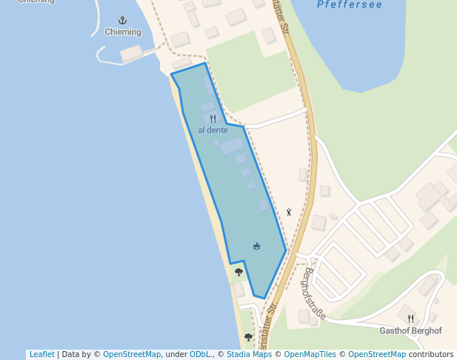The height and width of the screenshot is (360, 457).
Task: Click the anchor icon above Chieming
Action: pyautogui.click(x=123, y=21)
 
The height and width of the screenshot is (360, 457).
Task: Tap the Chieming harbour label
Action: pyautogui.click(x=123, y=32)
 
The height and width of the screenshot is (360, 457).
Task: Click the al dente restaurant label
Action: pyautogui.click(x=213, y=130)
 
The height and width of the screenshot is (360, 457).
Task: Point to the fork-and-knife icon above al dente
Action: pyautogui.click(x=213, y=119)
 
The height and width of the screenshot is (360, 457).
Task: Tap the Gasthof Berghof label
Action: pyautogui.click(x=410, y=330)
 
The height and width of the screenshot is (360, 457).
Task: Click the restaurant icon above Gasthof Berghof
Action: pyautogui.click(x=410, y=319)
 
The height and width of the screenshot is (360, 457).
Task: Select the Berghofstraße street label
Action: pyautogui.click(x=313, y=293)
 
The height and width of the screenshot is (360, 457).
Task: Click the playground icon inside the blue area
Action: pyautogui.click(x=256, y=246)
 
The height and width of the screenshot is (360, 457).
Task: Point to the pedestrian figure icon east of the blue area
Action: pyautogui.click(x=289, y=212)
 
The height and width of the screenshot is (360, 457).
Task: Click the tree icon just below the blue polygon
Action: pyautogui.click(x=238, y=273)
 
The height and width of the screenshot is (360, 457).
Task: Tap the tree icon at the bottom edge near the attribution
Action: pyautogui.click(x=248, y=337)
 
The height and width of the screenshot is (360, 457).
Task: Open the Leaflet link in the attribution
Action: pyautogui.click(x=41, y=355)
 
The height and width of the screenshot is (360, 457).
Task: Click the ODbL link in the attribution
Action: pyautogui.click(x=200, y=355)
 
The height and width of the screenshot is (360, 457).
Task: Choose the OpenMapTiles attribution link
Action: pyautogui.click(x=310, y=355)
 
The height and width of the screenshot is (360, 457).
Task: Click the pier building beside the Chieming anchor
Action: pyautogui.click(x=131, y=53)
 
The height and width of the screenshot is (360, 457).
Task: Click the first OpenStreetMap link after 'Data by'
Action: pyautogui.click(x=132, y=355)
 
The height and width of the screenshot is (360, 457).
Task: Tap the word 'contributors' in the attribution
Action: pyautogui.click(x=430, y=355)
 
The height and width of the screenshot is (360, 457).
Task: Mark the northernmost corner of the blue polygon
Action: pyautogui.click(x=204, y=64)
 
